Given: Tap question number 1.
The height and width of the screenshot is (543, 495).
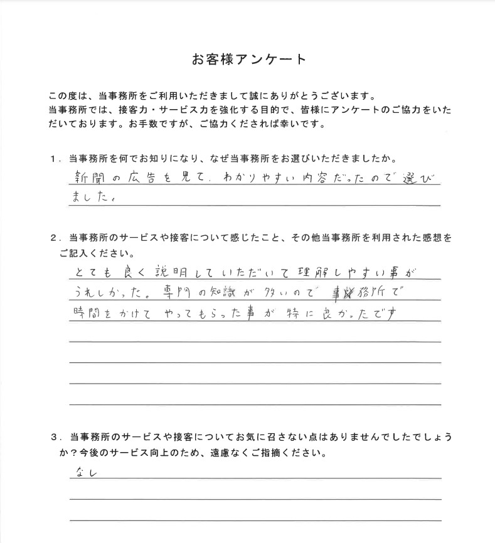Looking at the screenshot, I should [55, 159].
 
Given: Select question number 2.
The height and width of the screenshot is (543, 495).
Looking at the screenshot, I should [55, 239].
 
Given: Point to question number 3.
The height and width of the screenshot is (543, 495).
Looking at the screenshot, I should [55, 436].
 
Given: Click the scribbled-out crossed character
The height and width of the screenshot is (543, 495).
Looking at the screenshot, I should [331, 292].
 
